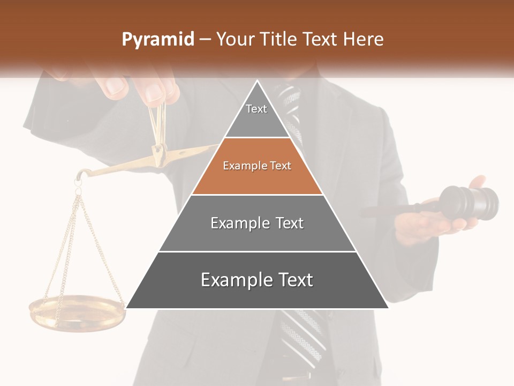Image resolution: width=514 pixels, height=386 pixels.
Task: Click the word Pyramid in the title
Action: pyautogui.click(x=157, y=40)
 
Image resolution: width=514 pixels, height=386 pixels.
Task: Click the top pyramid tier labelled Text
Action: pyautogui.click(x=256, y=115)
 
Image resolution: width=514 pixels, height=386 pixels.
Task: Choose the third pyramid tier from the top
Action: pyautogui.click(x=257, y=224)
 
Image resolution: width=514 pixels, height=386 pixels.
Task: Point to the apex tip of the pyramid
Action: pyautogui.click(x=258, y=82)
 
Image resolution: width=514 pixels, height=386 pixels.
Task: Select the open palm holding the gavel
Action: pyautogui.click(x=423, y=225)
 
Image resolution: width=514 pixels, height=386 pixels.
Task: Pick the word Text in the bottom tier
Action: pyautogui.click(x=293, y=280)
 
